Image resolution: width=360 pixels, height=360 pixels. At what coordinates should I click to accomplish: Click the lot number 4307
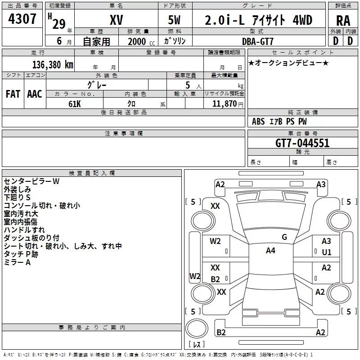(x=22, y=19)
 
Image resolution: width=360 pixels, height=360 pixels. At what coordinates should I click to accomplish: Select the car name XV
(x=117, y=20)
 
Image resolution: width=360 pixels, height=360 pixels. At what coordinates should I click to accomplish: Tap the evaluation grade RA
(x=343, y=21)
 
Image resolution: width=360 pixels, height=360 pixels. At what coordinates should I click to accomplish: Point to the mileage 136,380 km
(x=53, y=65)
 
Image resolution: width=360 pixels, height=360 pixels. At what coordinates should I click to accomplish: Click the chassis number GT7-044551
(x=302, y=143)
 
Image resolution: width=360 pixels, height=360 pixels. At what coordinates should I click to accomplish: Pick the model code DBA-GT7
(x=257, y=41)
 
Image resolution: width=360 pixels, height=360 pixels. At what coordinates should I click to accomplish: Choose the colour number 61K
(x=75, y=104)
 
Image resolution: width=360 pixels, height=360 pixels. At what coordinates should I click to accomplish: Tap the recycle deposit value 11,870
(x=224, y=104)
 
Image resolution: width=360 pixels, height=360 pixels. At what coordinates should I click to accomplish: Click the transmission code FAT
(x=13, y=94)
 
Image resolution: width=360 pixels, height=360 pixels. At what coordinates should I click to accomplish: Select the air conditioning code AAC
(x=35, y=94)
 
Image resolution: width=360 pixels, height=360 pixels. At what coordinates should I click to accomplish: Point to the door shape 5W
(x=174, y=20)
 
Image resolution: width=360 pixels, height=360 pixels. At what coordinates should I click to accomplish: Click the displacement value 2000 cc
(x=141, y=41)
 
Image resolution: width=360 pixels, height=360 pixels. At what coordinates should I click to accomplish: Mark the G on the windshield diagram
(x=284, y=237)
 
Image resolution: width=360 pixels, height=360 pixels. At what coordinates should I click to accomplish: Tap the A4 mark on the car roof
(x=270, y=251)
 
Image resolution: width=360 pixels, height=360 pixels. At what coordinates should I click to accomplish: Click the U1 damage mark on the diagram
(x=327, y=252)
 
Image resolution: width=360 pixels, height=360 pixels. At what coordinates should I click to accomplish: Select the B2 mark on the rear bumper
(x=221, y=333)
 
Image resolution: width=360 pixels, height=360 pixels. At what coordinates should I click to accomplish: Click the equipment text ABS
(x=258, y=121)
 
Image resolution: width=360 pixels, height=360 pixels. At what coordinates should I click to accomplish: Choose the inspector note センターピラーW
(x=31, y=181)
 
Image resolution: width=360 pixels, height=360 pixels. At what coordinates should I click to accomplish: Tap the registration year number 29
(x=59, y=24)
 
